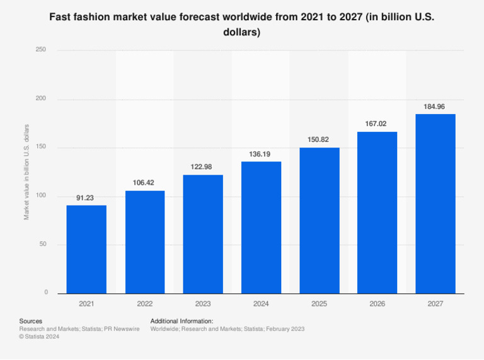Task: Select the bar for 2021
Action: click(86, 249)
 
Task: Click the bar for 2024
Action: click(261, 227)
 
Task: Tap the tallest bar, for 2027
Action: click(435, 204)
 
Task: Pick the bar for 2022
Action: click(145, 242)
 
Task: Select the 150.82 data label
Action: click(319, 139)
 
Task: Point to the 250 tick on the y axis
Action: click(42, 50)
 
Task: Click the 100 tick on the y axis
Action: click(42, 196)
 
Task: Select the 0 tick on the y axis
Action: click(46, 293)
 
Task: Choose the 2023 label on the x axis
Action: click(203, 304)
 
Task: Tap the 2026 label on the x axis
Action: click(377, 304)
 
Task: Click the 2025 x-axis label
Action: click(319, 304)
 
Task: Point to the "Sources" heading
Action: click(31, 321)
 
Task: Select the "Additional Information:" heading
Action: click(181, 321)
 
